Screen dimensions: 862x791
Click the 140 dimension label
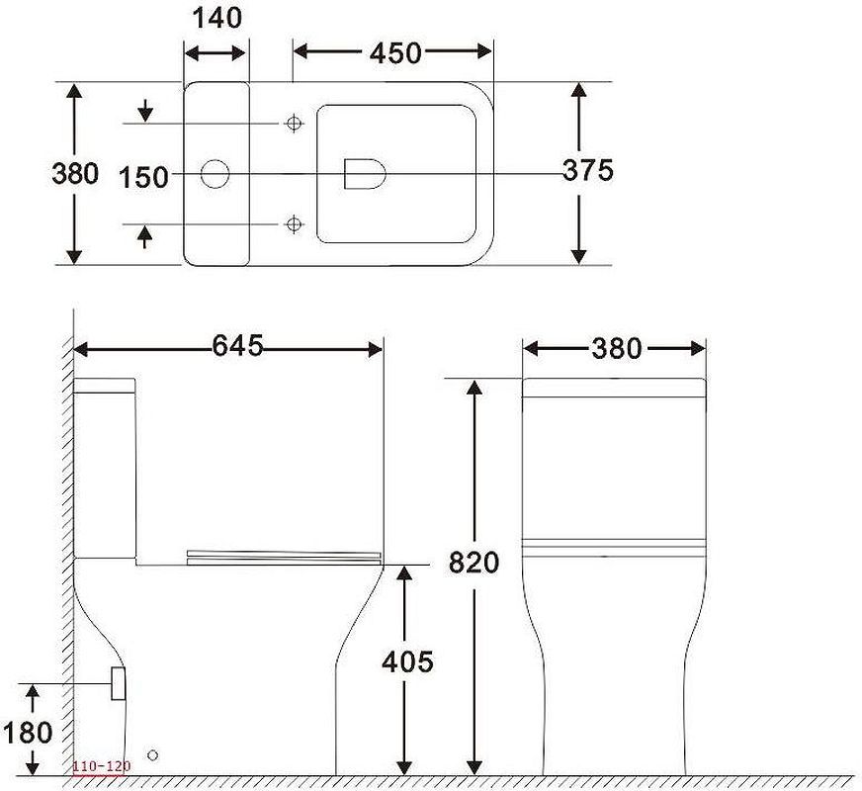tap(217, 19)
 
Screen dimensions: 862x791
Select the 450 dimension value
tap(395, 53)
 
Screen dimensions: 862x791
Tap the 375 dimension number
tap(587, 170)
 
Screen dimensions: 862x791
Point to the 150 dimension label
tap(143, 178)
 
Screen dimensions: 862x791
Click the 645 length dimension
tap(238, 346)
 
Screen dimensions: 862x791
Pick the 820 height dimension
tap(474, 563)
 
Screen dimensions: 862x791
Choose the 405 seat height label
tap(407, 661)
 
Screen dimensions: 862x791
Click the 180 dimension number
tap(28, 733)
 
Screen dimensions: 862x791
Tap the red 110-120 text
tap(102, 766)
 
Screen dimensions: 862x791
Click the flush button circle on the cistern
tap(215, 174)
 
